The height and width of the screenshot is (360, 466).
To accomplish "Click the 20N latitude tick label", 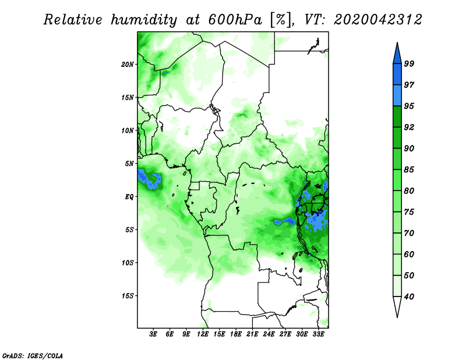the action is tap(128, 65).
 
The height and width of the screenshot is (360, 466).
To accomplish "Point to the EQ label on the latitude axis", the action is tap(129, 197).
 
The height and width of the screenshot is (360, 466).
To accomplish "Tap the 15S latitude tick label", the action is tap(128, 296).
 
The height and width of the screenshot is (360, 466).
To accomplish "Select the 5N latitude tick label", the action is tap(129, 164).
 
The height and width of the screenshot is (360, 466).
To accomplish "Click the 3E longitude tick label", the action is tap(153, 334).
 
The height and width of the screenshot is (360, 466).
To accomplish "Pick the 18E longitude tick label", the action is tap(236, 334).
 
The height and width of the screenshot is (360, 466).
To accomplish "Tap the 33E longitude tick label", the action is tap(318, 334).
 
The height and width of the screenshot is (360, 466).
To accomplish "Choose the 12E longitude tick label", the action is tap(203, 334).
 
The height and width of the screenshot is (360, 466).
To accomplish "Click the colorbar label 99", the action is tap(409, 63).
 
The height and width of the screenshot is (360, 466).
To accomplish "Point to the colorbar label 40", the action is tap(409, 297).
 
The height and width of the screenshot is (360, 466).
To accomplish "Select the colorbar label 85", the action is tap(409, 170).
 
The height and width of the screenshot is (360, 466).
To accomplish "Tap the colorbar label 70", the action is tap(409, 233).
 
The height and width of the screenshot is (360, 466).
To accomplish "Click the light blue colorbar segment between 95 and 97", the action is tap(397, 96).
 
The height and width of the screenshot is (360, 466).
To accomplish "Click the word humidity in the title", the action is tap(144, 20).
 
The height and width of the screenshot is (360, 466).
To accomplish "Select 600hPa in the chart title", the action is tap(235, 20).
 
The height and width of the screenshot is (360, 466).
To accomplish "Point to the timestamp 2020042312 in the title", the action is tap(377, 20).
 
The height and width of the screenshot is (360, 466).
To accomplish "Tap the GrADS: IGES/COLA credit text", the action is tap(33, 355).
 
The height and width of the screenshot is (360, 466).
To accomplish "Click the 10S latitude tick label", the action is tap(128, 263).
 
